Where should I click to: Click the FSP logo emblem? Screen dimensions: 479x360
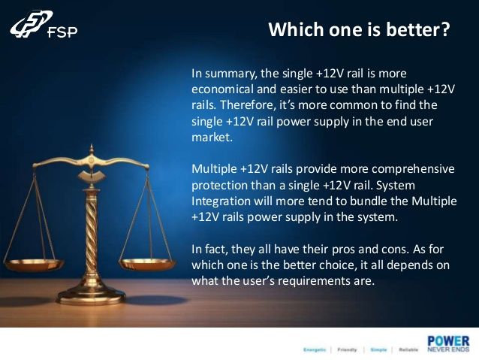tap(31, 24)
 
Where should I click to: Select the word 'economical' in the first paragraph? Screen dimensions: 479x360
tap(222, 89)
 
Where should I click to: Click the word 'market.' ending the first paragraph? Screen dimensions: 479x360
tap(212, 137)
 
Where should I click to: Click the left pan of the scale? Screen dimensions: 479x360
tap(35, 265)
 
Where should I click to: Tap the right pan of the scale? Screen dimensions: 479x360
tap(147, 264)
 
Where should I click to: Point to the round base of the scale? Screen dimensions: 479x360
tap(92, 296)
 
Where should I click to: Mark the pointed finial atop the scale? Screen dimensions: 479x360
tap(92, 150)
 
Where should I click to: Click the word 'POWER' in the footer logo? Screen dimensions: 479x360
tap(448, 341)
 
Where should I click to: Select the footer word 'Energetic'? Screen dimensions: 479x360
tap(315, 349)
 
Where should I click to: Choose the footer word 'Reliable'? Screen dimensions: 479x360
tap(408, 349)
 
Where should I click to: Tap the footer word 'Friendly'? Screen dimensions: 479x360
tap(347, 349)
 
